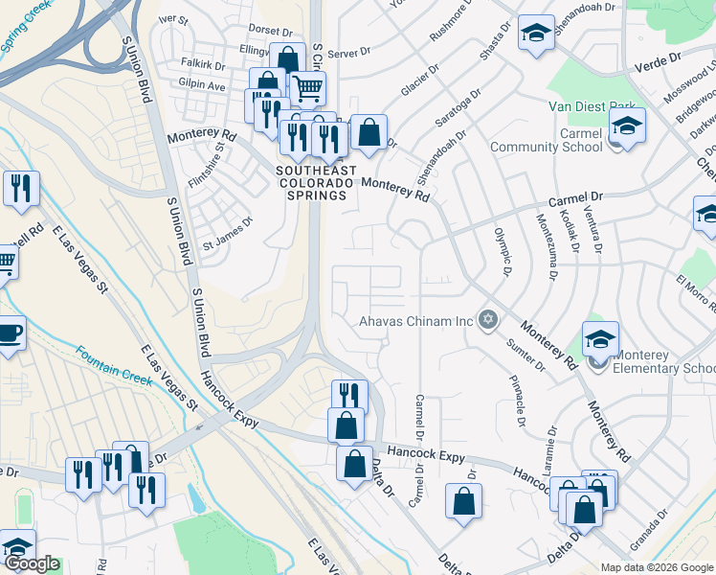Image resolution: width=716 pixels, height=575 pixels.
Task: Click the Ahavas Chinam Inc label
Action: tap(416, 321)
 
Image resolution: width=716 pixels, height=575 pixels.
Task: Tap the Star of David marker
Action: tap(488, 320)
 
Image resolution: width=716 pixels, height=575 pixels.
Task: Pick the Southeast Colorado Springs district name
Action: tap(316, 182)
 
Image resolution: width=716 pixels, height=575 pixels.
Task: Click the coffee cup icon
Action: tap(9, 333)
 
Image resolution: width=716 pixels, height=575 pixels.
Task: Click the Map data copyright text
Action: tap(656, 567)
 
